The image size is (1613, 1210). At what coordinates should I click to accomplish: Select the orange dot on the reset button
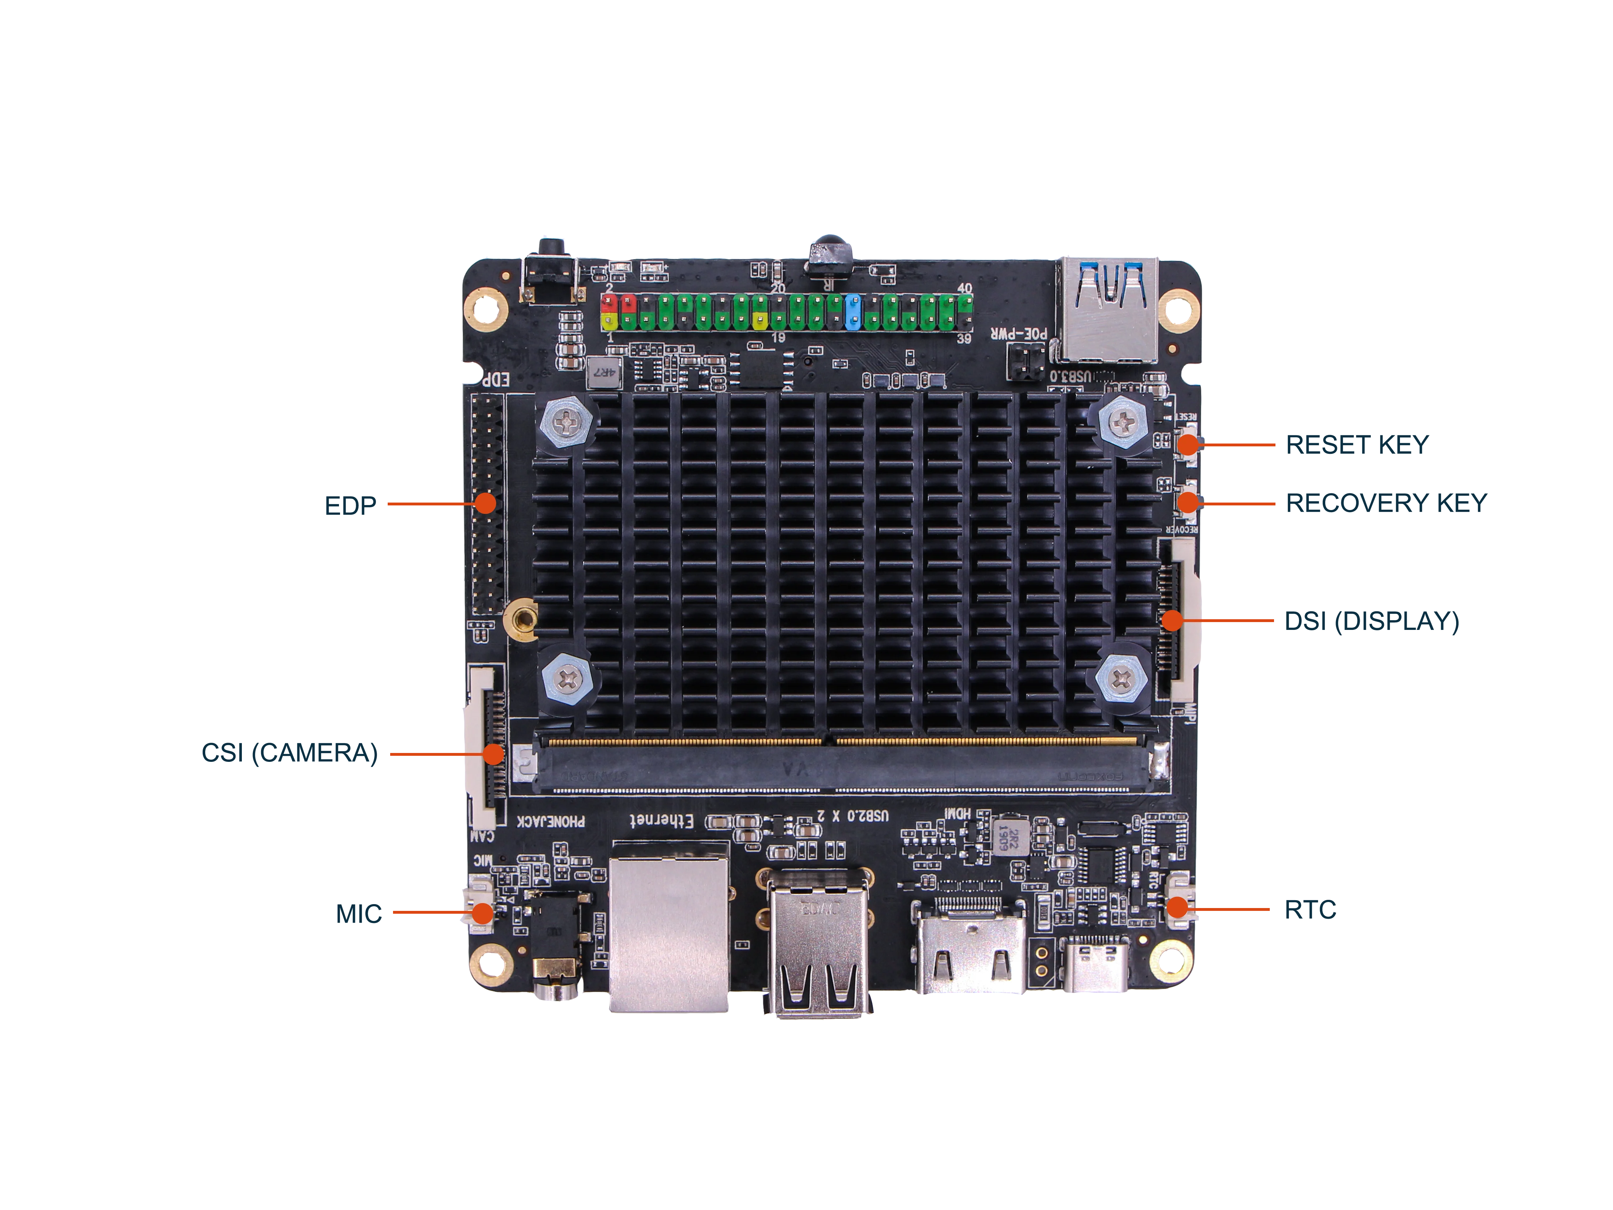click(x=1189, y=444)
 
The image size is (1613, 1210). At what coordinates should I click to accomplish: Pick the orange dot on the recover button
click(x=1189, y=502)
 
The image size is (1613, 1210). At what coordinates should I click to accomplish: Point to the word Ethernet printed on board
click(x=662, y=820)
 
